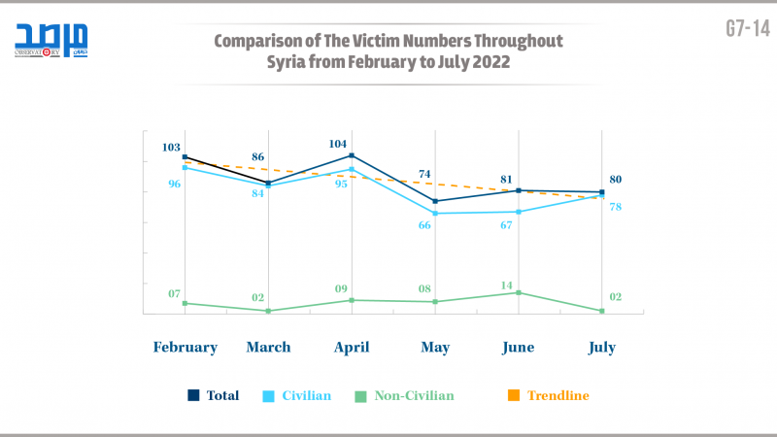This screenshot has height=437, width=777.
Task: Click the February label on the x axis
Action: coord(185,347)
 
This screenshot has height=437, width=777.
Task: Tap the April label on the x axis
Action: coord(352,347)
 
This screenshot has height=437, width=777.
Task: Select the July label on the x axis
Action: coord(602,347)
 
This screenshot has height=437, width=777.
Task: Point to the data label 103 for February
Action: coord(171,148)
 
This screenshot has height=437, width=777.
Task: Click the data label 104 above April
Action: coord(338,144)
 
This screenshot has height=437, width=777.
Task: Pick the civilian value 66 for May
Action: coord(424,225)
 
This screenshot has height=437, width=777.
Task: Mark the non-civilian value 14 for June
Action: coord(507,286)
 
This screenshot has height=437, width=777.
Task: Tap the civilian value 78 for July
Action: coord(616,207)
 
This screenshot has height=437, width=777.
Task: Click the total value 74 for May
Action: coord(424,175)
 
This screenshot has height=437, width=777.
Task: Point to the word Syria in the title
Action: coord(288,61)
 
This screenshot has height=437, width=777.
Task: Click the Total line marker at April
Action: coord(352,155)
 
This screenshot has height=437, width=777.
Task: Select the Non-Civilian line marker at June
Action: coord(519,292)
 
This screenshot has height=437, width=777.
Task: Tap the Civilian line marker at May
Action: coord(435,213)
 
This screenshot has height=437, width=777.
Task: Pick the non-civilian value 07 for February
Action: coord(175,293)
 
